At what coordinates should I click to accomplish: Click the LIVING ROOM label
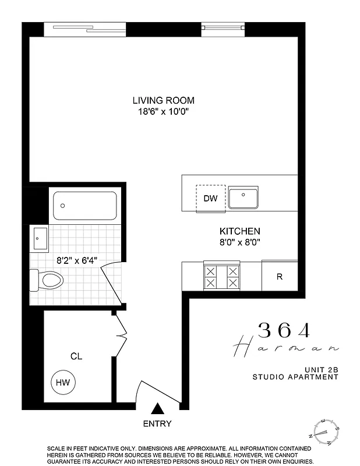(x=163, y=100)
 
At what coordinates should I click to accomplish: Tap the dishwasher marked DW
(x=210, y=199)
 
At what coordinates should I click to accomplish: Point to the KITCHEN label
(x=239, y=231)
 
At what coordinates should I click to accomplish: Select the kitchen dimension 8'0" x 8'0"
(x=239, y=241)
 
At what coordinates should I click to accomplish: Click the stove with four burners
(x=221, y=276)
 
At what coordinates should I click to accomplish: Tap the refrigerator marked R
(x=279, y=277)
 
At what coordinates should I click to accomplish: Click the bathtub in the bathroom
(x=85, y=206)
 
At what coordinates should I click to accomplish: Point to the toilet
(x=46, y=280)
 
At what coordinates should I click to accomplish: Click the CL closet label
(x=76, y=356)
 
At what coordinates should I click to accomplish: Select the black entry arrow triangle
(x=157, y=409)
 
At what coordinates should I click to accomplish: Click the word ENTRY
(x=157, y=423)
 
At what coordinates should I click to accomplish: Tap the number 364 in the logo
(x=285, y=330)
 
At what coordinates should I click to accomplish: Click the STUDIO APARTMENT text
(x=295, y=377)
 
